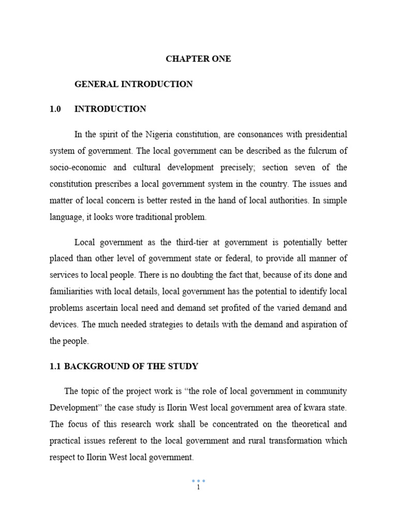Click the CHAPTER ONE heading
click(198, 59)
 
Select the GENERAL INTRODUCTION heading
click(133, 84)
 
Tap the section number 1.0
click(55, 109)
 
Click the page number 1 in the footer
click(198, 487)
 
